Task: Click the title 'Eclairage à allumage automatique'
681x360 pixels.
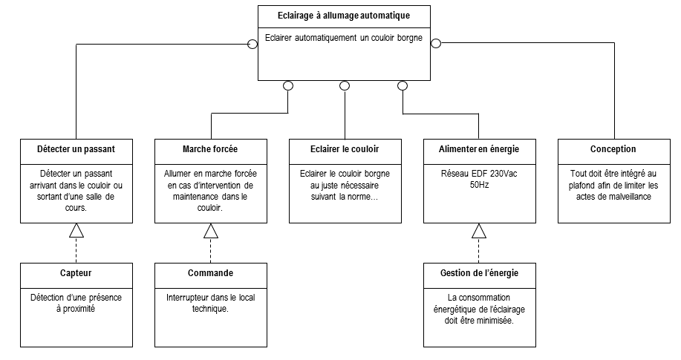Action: point(344,16)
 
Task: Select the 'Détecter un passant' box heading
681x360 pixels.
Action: point(76,149)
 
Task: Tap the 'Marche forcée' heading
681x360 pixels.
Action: point(210,149)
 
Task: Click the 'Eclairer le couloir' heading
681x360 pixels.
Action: point(345,149)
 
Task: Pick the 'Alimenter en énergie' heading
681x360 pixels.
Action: point(478,149)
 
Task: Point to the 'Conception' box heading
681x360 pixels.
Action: point(613,149)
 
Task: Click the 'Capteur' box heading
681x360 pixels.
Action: point(76,273)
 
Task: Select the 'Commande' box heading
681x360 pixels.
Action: point(210,273)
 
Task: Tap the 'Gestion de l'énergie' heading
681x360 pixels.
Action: point(479,273)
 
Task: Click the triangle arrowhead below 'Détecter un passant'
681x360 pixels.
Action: point(76,231)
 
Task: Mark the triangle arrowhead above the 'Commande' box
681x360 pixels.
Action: point(211,231)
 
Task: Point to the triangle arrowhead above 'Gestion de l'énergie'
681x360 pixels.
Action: point(479,231)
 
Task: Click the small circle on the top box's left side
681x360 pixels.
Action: point(252,44)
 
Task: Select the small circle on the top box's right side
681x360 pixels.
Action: point(436,44)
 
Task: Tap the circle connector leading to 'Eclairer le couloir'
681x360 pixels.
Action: point(345,85)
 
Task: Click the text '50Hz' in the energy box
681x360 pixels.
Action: point(479,185)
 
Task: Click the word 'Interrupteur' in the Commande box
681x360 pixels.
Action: point(188,298)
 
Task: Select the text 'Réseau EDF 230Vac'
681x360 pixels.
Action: point(479,174)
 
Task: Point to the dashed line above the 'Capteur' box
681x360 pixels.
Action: point(76,251)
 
